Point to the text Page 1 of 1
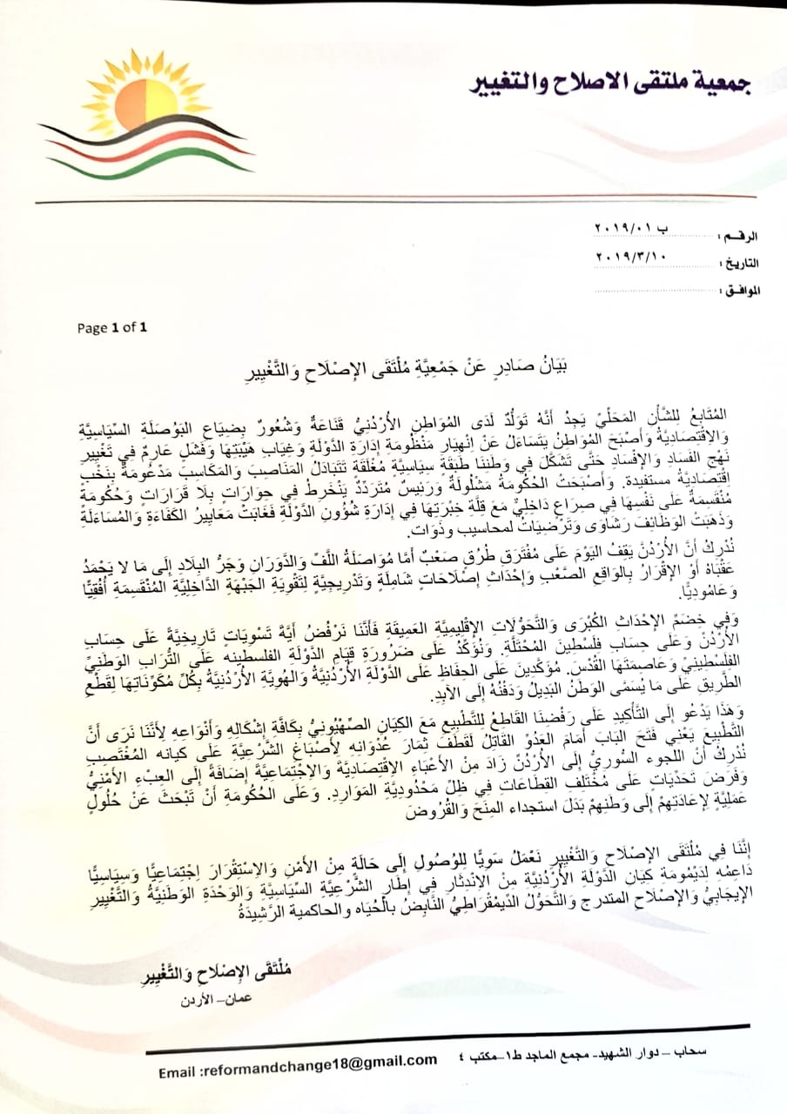click(x=112, y=328)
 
